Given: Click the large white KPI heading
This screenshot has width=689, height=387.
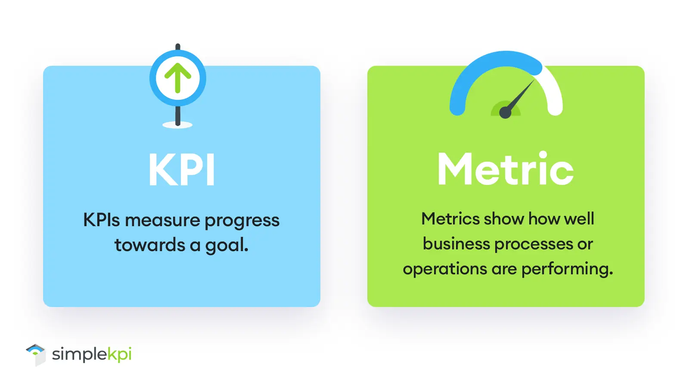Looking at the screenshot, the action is coord(181,169).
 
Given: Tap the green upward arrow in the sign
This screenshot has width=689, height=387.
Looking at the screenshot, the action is coord(178,78).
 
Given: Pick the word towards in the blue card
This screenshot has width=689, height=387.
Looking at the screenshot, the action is coord(150,245).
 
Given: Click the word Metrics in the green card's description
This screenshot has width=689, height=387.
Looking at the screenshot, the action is coord(450,219).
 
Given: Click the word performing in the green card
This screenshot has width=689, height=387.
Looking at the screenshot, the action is coord(567,270).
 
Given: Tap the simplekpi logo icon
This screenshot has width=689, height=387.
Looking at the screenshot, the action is coord(36,354).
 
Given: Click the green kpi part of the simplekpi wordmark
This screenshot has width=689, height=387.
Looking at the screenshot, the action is coord(119,354).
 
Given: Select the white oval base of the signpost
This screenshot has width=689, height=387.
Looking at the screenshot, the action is coord(177,125).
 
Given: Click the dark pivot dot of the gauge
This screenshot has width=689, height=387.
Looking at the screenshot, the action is coord(505,112).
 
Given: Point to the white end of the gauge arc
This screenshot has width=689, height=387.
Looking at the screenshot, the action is coord(555,109).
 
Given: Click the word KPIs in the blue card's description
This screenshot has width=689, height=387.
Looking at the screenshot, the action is coord(102,220).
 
